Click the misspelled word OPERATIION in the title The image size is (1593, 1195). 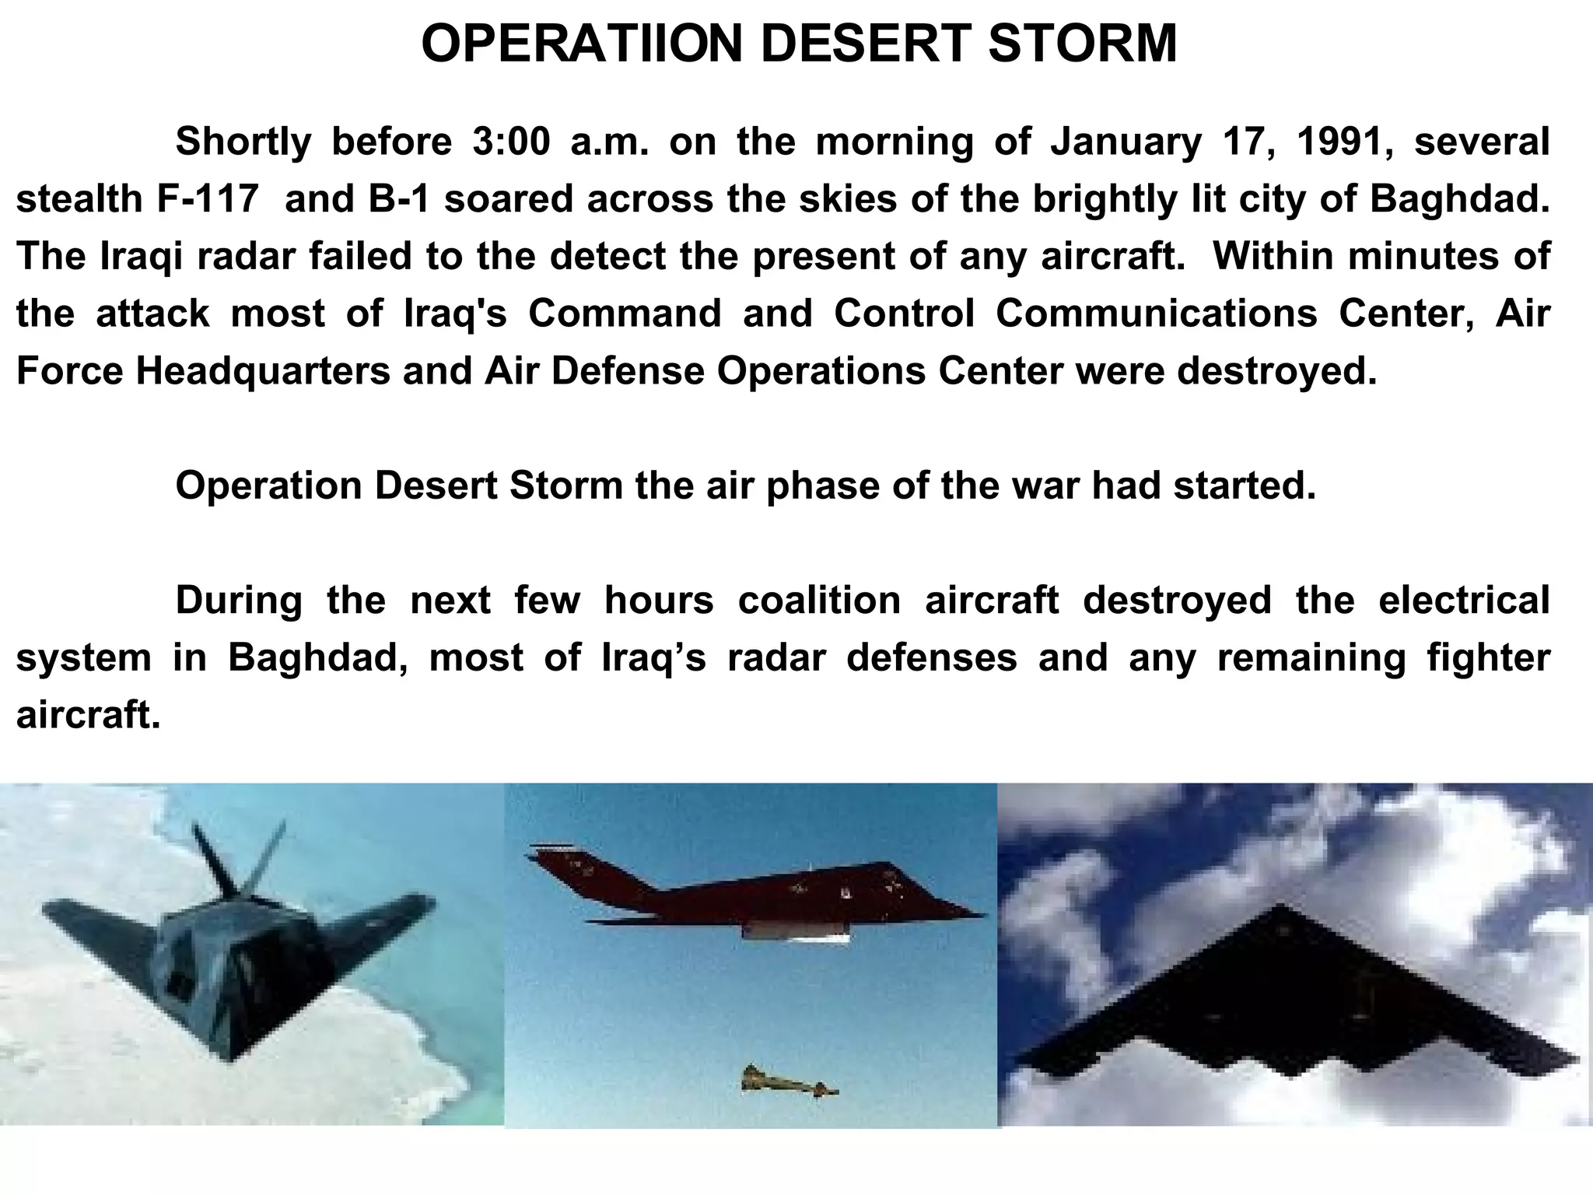583,44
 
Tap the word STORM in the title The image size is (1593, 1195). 1083,44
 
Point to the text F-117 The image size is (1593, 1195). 207,199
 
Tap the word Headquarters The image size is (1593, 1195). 263,371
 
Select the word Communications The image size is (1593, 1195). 1157,314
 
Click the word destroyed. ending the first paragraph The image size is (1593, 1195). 1276,371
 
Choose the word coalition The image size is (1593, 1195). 819,600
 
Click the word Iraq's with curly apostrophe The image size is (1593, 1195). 654,657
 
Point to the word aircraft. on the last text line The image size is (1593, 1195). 88,715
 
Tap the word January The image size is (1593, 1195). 1126,142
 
